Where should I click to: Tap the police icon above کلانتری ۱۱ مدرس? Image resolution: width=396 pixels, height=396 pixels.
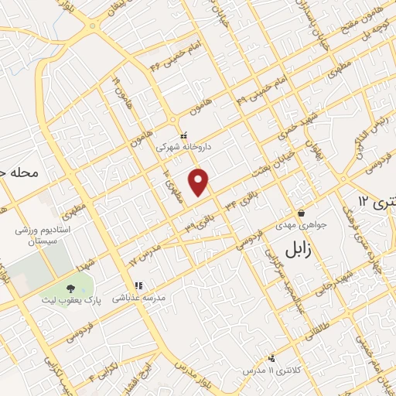coord(271,357)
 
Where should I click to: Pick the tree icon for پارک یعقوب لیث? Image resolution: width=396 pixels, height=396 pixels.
coord(71,287)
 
